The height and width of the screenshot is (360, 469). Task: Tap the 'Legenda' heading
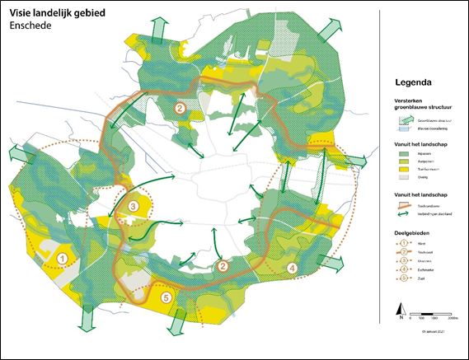coord(420,83)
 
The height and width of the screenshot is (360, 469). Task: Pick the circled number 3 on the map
coord(134,206)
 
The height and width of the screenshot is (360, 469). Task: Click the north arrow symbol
coord(401,312)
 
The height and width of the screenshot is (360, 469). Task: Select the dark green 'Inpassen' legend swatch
coord(402,153)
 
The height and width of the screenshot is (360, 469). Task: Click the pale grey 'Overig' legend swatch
coord(402,177)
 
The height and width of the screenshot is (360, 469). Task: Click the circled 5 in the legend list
coord(402,278)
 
